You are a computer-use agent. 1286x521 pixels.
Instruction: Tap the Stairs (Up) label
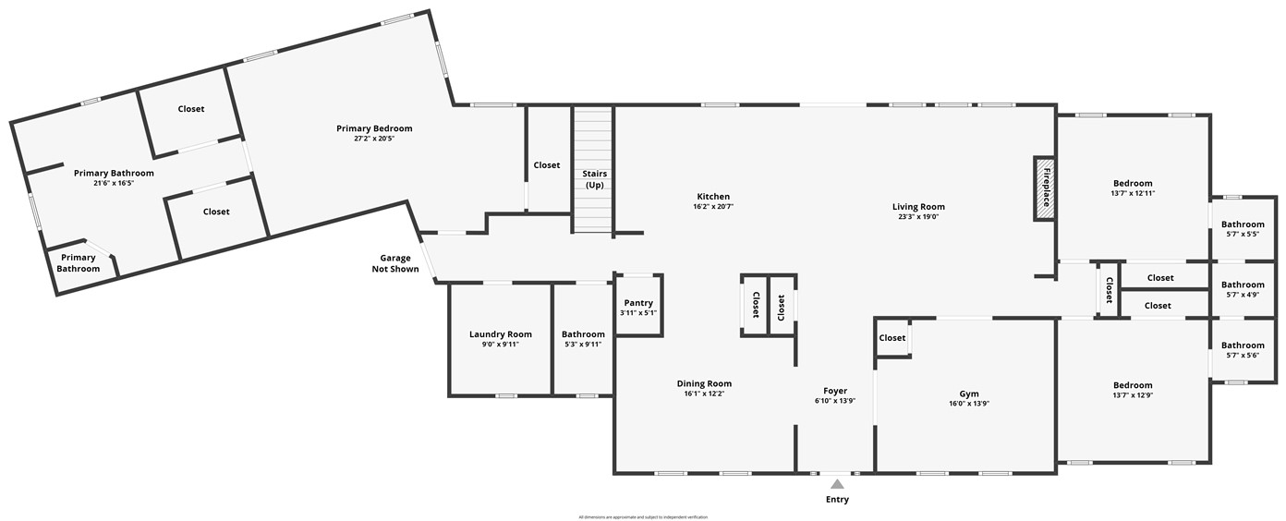click(x=594, y=179)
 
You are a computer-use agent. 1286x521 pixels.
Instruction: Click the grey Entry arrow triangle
click(x=837, y=483)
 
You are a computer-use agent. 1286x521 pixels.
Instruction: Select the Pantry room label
click(x=638, y=303)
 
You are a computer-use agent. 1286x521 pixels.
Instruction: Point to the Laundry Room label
click(x=501, y=334)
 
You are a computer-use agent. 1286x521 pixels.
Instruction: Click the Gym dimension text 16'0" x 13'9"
click(x=969, y=404)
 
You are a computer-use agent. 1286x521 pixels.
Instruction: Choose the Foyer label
click(x=835, y=391)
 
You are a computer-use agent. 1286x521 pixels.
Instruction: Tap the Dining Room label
click(x=704, y=383)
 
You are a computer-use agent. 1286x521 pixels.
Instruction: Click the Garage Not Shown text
click(x=395, y=264)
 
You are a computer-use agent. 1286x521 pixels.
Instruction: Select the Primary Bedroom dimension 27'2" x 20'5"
click(x=374, y=139)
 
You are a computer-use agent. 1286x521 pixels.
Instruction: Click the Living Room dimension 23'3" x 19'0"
click(x=918, y=217)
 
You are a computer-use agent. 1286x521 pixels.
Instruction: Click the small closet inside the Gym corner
click(x=892, y=338)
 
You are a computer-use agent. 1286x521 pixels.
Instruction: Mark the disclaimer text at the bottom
click(x=643, y=516)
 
